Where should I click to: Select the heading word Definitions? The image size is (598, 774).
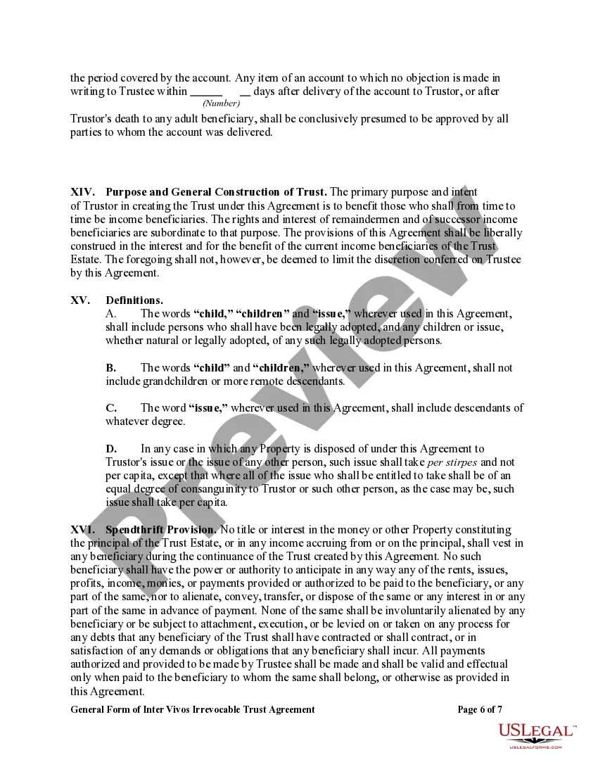134,300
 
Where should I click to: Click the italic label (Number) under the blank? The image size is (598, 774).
221,103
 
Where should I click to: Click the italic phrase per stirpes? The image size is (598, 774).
452,462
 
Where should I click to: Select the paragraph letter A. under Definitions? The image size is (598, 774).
111,314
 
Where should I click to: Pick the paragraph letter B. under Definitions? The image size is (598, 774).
111,368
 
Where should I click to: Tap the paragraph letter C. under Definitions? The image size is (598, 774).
111,408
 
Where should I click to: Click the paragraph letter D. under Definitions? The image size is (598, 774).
111,449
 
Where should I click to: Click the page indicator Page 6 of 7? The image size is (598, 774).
480,710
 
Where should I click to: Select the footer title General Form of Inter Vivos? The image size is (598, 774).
193,710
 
